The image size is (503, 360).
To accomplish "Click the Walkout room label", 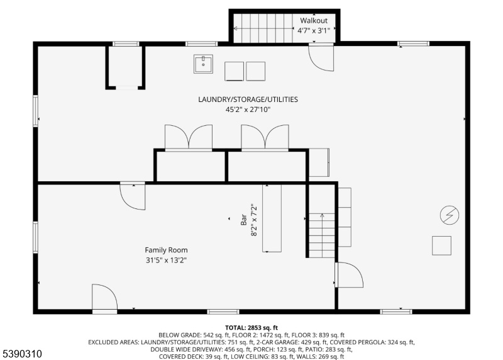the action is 313,21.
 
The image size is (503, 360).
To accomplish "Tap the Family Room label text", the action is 166,250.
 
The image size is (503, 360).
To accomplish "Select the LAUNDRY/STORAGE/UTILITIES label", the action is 248,99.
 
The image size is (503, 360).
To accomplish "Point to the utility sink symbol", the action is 203,64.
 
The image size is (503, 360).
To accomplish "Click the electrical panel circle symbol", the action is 450,215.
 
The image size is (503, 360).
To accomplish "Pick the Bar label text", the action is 243,220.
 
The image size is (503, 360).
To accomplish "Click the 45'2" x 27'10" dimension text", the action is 248,110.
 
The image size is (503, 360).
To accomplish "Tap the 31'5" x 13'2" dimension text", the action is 166,260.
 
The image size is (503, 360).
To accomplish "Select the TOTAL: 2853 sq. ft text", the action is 251,328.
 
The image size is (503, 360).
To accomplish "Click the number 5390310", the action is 22,354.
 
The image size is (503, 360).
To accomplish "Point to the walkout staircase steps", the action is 263,28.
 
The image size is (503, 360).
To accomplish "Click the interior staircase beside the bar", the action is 322,235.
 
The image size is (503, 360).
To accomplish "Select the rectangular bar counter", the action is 272,218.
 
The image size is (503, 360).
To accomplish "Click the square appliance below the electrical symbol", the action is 441,245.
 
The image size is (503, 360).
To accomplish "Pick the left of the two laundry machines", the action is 234,71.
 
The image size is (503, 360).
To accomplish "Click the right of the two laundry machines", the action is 256,71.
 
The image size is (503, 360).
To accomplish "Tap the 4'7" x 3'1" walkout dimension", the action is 313,31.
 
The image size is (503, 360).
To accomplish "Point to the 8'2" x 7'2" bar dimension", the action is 254,220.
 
